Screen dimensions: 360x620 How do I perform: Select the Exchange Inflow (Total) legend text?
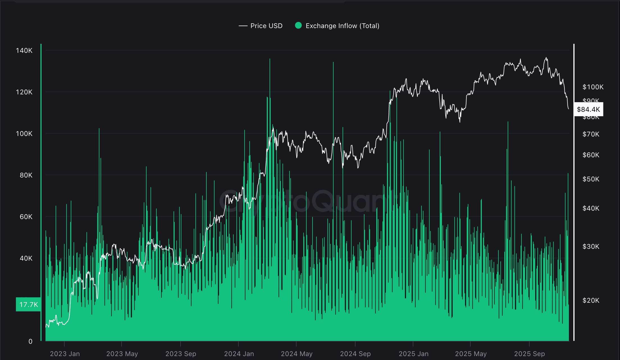point(342,26)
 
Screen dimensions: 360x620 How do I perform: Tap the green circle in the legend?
point(298,26)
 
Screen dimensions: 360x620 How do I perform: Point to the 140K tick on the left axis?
point(24,51)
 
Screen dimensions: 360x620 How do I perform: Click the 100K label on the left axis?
point(24,134)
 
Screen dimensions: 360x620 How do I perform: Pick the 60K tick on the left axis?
point(26,217)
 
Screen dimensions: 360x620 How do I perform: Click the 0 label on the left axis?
point(30,341)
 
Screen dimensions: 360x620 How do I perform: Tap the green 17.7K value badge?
point(28,304)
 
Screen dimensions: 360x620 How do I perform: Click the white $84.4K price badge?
point(588,109)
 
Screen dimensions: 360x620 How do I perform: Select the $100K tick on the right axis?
point(593,87)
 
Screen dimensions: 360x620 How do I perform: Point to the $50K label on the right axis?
point(591,179)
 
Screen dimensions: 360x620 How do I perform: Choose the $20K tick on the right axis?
point(591,300)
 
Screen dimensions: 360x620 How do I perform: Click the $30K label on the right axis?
point(591,247)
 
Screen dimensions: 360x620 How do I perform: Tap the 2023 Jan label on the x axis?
point(65,354)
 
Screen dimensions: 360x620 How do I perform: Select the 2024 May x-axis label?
point(297,354)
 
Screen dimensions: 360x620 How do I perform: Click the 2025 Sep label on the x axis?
point(529,354)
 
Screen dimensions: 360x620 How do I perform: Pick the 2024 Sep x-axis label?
point(355,354)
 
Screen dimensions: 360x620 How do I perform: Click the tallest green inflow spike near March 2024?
point(270,60)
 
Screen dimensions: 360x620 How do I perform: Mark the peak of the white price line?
point(546,58)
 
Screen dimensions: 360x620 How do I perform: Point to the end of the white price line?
point(569,109)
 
